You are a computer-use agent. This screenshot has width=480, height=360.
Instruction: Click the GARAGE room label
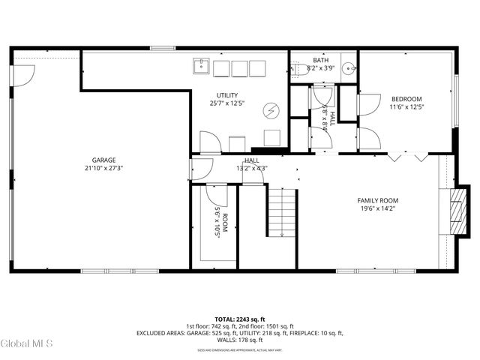click(103, 160)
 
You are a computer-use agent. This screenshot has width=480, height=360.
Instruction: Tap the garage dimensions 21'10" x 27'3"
click(103, 169)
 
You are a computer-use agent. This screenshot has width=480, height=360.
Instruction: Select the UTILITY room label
click(227, 95)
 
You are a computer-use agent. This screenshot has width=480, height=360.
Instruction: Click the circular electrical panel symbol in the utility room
click(270, 110)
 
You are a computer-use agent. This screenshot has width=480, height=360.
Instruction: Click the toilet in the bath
click(299, 69)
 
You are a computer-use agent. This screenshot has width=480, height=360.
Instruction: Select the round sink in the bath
click(349, 69)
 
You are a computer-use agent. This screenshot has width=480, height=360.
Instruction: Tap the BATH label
click(320, 60)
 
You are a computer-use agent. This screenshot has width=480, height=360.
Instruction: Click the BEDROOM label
click(406, 99)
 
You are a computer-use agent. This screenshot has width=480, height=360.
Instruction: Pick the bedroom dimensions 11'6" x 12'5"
click(406, 107)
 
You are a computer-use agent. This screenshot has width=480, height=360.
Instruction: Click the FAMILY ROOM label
click(377, 200)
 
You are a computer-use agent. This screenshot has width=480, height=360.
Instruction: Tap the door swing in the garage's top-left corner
click(25, 73)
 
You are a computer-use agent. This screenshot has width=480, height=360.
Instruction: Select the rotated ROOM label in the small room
click(224, 218)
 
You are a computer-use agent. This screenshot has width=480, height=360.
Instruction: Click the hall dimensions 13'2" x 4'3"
click(251, 168)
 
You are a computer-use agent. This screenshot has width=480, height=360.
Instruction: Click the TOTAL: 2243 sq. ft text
click(239, 319)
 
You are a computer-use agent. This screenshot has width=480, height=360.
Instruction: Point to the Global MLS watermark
click(27, 344)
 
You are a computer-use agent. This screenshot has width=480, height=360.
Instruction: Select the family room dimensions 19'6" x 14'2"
click(377, 209)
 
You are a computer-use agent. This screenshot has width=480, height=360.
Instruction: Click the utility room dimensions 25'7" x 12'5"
click(227, 103)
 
